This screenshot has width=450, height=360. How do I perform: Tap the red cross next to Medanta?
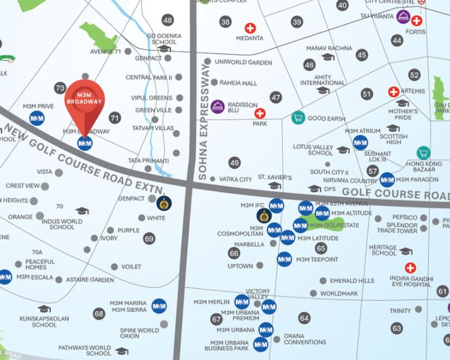250,28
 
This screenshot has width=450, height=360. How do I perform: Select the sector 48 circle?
167,20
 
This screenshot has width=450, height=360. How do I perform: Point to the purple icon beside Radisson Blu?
217,106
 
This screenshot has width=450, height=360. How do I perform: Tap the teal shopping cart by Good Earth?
297,118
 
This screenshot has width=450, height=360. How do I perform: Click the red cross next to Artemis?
394,92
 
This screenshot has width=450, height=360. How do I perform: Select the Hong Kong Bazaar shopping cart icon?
424,152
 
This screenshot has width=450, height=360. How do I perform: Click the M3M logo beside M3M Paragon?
387,179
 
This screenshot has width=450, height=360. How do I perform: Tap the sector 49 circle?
234,163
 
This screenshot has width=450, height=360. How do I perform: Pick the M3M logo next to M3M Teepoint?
284,259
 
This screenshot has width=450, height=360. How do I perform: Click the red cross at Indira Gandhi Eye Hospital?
410,268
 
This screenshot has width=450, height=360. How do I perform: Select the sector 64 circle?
305,317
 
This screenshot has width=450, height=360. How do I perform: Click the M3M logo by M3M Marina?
159,306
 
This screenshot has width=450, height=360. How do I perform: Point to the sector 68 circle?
99,313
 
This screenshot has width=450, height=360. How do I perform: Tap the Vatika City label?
235,179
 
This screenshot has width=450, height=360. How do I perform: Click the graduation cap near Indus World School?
82,211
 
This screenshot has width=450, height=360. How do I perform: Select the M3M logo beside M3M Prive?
37,118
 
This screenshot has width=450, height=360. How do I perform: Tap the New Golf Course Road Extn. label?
84,154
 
